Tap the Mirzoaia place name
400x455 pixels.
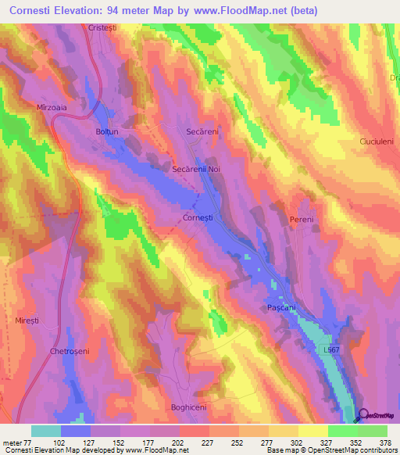(x=53, y=107)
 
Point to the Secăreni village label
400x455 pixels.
(x=202, y=132)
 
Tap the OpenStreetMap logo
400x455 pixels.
(x=378, y=416)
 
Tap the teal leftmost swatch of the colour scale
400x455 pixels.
(x=46, y=431)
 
